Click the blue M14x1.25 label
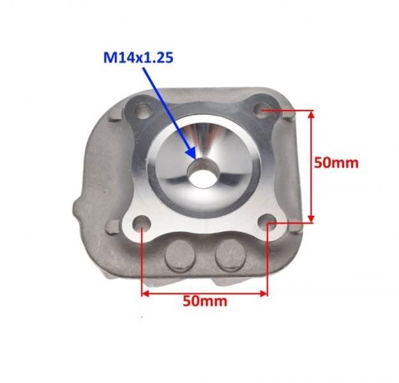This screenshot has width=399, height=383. pos(136,59)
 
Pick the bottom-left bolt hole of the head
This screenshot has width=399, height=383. pos(142,224)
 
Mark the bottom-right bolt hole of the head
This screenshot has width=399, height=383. pos(269,223)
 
